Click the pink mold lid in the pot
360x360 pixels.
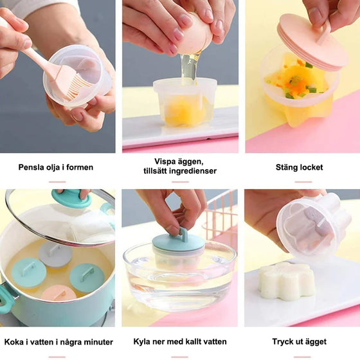[x=59, y=292]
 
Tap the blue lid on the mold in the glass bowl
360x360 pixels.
[x=179, y=244]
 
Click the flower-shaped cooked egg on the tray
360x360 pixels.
[x=286, y=282]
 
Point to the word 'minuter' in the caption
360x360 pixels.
[x=98, y=342]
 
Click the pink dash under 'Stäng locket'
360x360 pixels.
[x=303, y=182]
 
